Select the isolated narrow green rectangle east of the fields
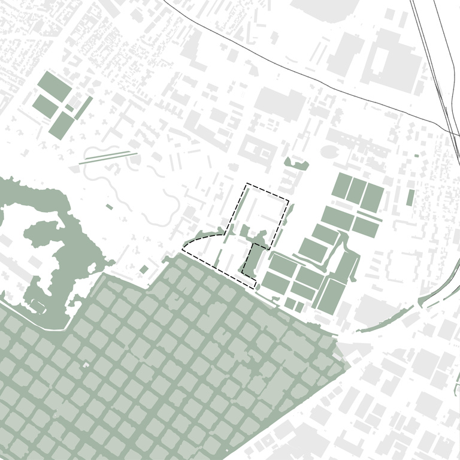(410, 197)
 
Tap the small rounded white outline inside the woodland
(39, 305)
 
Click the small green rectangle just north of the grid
(144, 269)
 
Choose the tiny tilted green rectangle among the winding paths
(109, 207)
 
